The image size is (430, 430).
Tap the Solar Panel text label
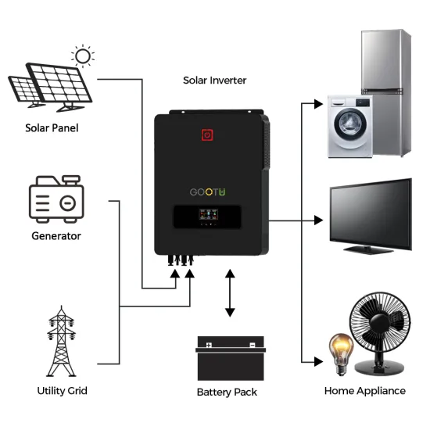[52, 128]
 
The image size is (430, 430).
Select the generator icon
[56, 200]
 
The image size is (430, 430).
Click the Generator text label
[56, 235]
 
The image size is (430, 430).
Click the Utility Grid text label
[62, 390]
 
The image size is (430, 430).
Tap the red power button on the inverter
[208, 134]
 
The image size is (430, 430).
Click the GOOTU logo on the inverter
[207, 191]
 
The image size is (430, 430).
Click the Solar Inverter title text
[214, 80]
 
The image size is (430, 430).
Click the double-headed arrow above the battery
[230, 293]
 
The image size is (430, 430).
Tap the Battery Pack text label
[227, 392]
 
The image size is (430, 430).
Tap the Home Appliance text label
[365, 390]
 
